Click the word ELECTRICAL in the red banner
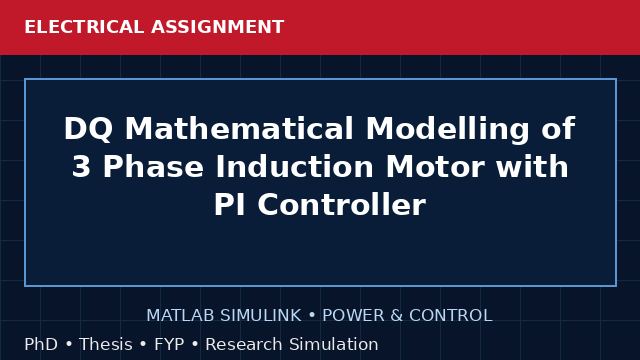pyautogui.click(x=84, y=27)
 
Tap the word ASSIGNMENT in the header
pyautogui.click(x=218, y=27)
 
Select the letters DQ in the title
pyautogui.click(x=88, y=129)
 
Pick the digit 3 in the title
pyautogui.click(x=81, y=167)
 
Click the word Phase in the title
pyautogui.click(x=153, y=166)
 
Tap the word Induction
pyautogui.click(x=294, y=166)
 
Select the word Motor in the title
pyautogui.click(x=435, y=167)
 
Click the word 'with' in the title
pyautogui.click(x=532, y=166)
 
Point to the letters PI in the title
pyautogui.click(x=230, y=204)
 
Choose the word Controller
pyautogui.click(x=342, y=204)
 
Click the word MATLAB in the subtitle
pyautogui.click(x=180, y=316)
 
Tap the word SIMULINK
pyautogui.click(x=261, y=316)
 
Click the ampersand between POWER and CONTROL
pyautogui.click(x=396, y=316)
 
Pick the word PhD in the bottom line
pyautogui.click(x=41, y=344)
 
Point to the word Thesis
pyautogui.click(x=106, y=344)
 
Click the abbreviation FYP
pyautogui.click(x=169, y=344)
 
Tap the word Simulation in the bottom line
pyautogui.click(x=334, y=344)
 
